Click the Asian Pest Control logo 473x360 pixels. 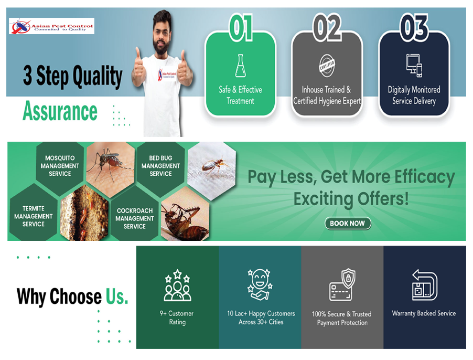click(51, 26)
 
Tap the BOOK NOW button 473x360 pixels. click(348, 224)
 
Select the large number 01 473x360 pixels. click(241, 27)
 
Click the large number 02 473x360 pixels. click(327, 27)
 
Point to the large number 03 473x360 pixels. click(414, 27)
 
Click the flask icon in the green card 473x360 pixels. click(240, 66)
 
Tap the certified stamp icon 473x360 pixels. click(327, 66)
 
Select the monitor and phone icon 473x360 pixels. click(414, 66)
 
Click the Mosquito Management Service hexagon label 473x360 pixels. click(60, 166)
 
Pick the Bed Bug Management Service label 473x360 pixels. click(160, 166)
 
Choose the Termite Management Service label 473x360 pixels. click(33, 216)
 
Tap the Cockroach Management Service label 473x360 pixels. click(135, 218)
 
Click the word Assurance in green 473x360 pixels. click(60, 111)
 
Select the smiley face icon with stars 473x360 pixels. click(260, 284)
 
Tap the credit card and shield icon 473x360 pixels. click(342, 284)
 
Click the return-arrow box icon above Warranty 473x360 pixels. click(425, 284)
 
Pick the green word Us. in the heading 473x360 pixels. click(117, 297)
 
